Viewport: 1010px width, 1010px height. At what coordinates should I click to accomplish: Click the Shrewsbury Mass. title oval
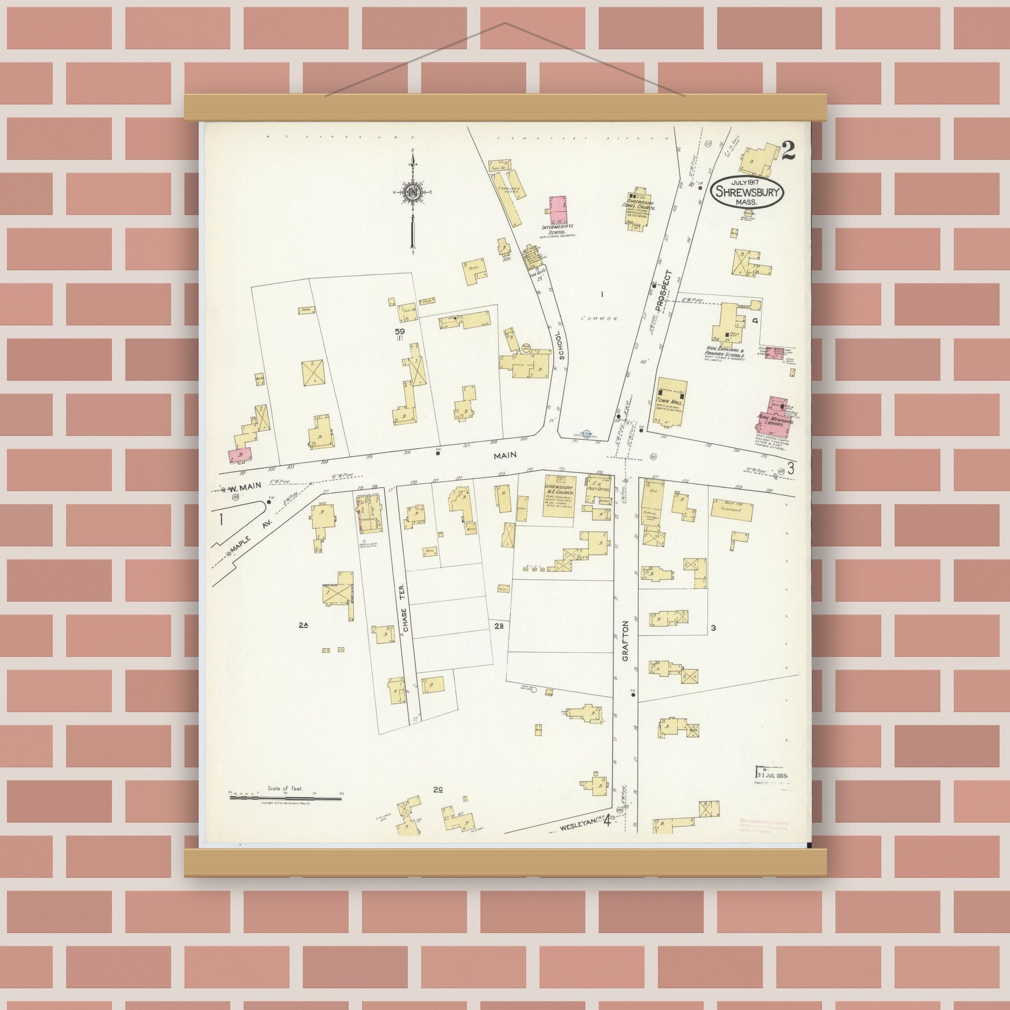[x=747, y=193]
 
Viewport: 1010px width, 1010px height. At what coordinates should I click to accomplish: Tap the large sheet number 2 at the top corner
[x=788, y=152]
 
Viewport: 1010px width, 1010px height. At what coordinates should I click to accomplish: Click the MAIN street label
[x=505, y=455]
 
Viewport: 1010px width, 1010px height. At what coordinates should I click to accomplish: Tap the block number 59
[x=400, y=331]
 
